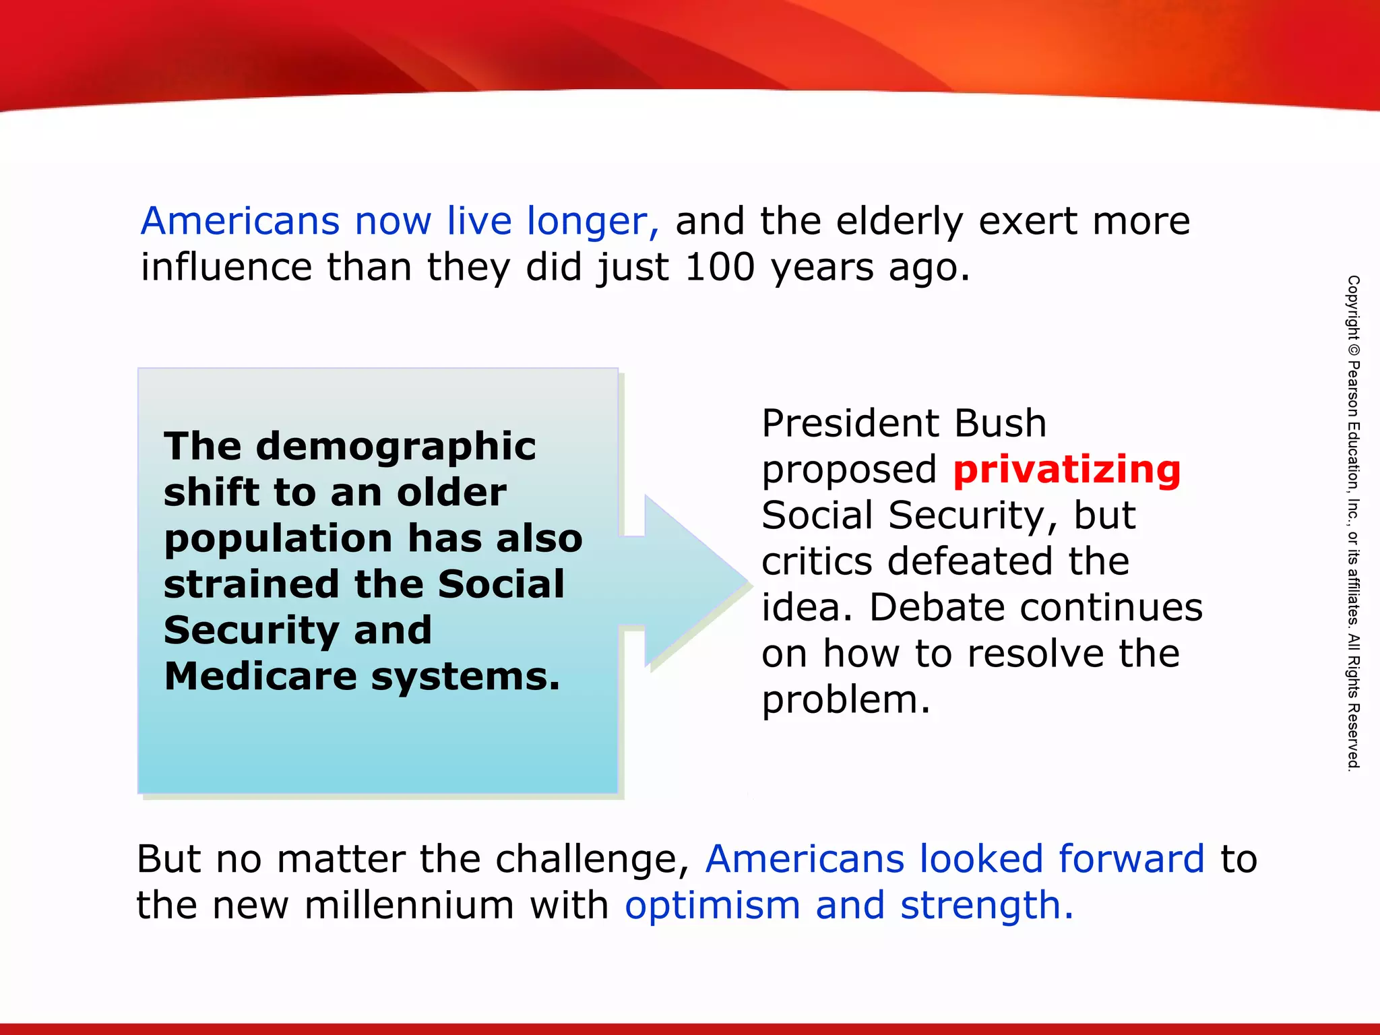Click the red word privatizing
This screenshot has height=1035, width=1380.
click(x=1067, y=470)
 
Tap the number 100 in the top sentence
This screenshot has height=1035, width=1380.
click(x=720, y=267)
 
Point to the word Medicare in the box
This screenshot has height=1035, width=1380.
click(x=260, y=676)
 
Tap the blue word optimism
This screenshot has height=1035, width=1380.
click(x=712, y=905)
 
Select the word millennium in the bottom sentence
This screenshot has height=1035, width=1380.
click(x=409, y=905)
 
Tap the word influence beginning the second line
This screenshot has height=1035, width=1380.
click(x=226, y=267)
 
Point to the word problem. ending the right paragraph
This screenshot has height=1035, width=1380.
click(x=846, y=699)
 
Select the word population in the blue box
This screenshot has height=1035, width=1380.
click(x=278, y=540)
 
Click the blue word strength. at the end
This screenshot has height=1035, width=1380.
click(x=986, y=905)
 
